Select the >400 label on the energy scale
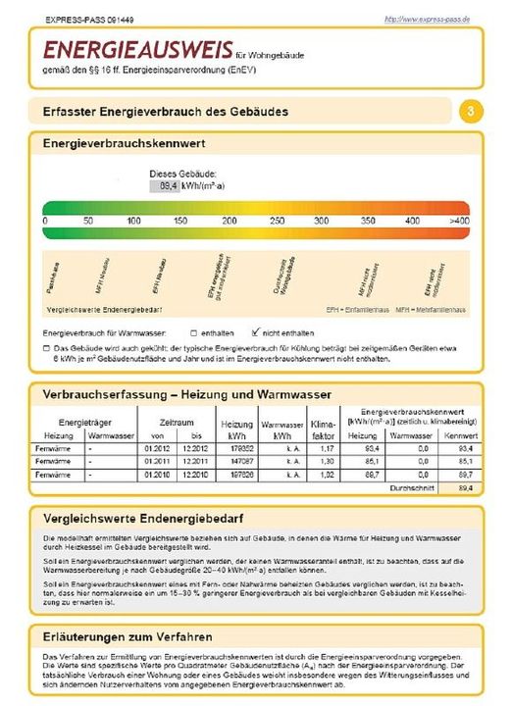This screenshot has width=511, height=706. point(459,222)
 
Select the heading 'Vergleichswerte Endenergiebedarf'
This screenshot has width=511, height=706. point(141,516)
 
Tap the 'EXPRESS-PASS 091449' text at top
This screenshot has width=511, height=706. point(84,20)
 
